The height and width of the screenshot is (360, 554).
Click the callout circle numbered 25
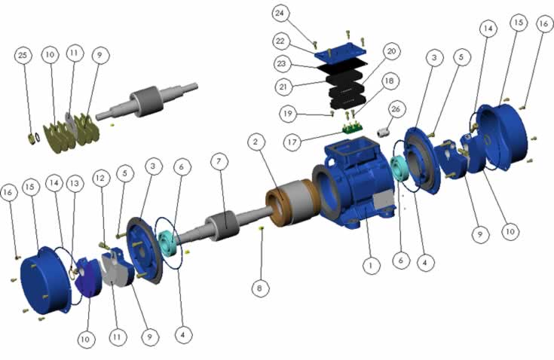pyautogui.click(x=23, y=56)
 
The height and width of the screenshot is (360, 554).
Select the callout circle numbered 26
pyautogui.click(x=396, y=109)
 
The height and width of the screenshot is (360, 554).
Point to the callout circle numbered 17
pyautogui.click(x=292, y=142)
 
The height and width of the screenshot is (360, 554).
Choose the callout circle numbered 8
pyautogui.click(x=260, y=288)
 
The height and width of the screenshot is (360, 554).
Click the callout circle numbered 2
pyautogui.click(x=256, y=142)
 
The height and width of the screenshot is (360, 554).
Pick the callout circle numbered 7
pyautogui.click(x=219, y=162)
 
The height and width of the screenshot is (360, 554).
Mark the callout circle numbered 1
pyautogui.click(x=371, y=264)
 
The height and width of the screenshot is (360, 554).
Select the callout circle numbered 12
pyautogui.click(x=101, y=178)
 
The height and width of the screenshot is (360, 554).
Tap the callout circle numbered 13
pyautogui.click(x=75, y=184)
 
